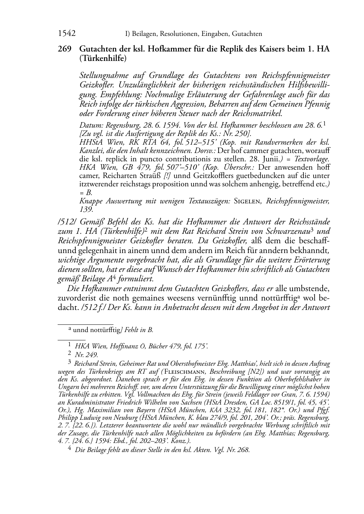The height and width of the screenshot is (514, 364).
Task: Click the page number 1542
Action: tap(67, 34)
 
